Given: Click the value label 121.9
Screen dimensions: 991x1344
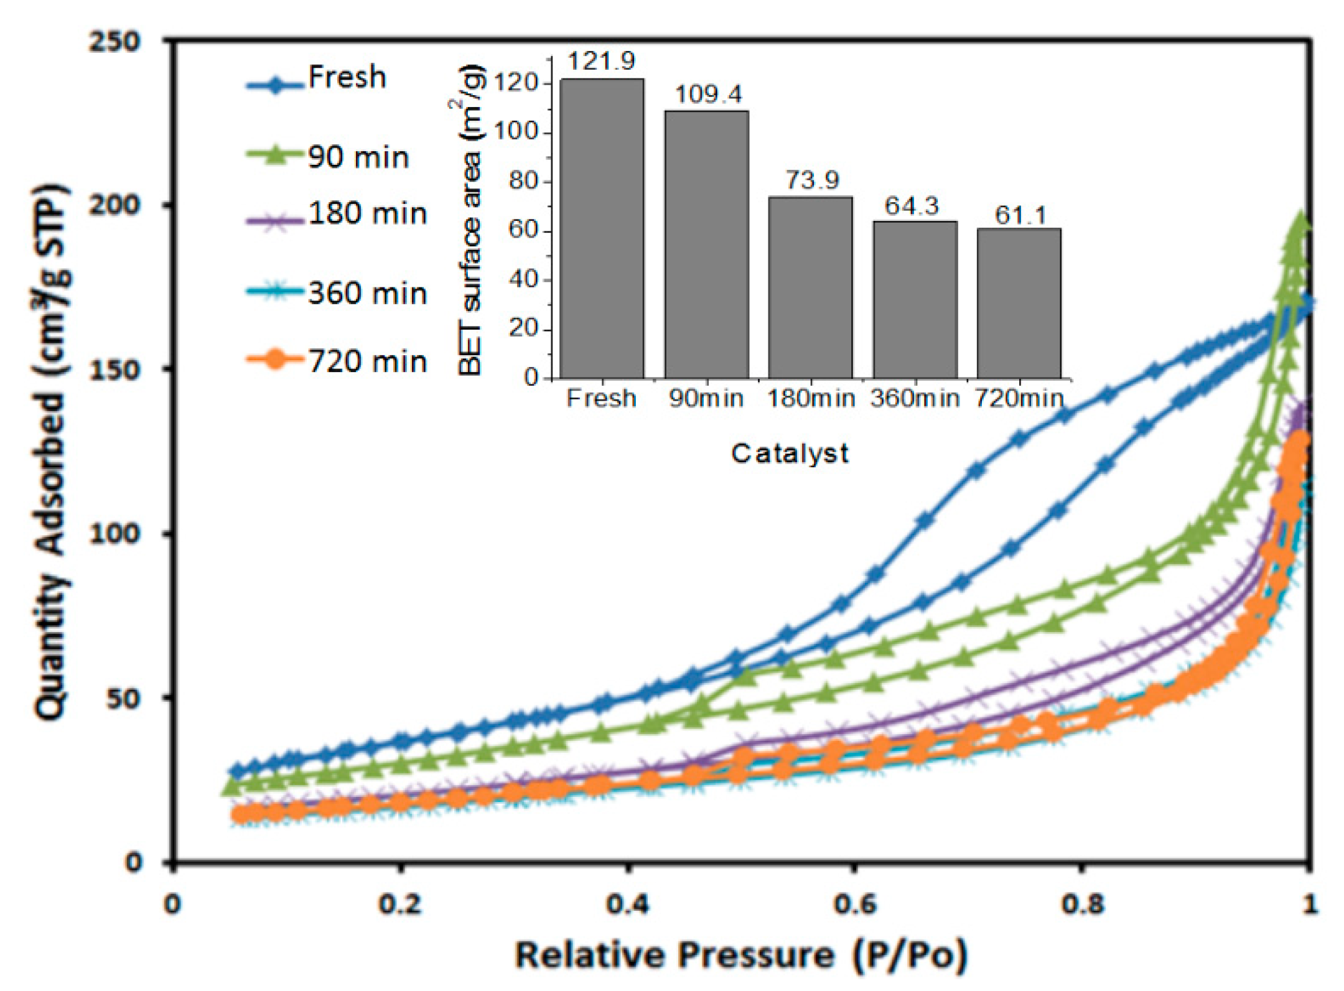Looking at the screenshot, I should [601, 61].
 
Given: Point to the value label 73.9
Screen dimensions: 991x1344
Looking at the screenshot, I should [812, 180].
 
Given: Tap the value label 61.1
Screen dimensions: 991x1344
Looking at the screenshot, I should [1020, 215].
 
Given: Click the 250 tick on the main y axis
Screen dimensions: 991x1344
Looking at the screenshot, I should [114, 42].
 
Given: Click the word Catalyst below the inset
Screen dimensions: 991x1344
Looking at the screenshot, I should [790, 454].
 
